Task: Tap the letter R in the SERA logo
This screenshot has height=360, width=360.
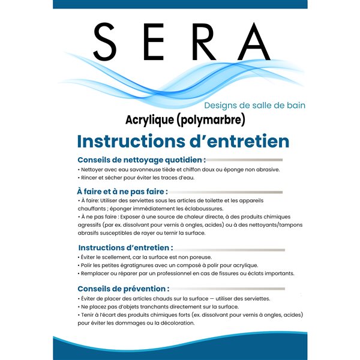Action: tap(203, 41)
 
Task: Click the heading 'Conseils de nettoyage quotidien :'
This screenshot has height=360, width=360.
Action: tap(142, 160)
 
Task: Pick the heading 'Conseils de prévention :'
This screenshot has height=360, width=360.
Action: tap(124, 289)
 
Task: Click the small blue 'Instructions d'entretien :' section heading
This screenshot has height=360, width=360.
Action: tap(126, 247)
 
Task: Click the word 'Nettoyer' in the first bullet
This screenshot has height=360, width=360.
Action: tap(95, 170)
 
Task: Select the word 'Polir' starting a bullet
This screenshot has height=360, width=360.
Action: tap(88, 265)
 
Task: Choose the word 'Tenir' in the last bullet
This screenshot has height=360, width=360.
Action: tap(88, 314)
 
